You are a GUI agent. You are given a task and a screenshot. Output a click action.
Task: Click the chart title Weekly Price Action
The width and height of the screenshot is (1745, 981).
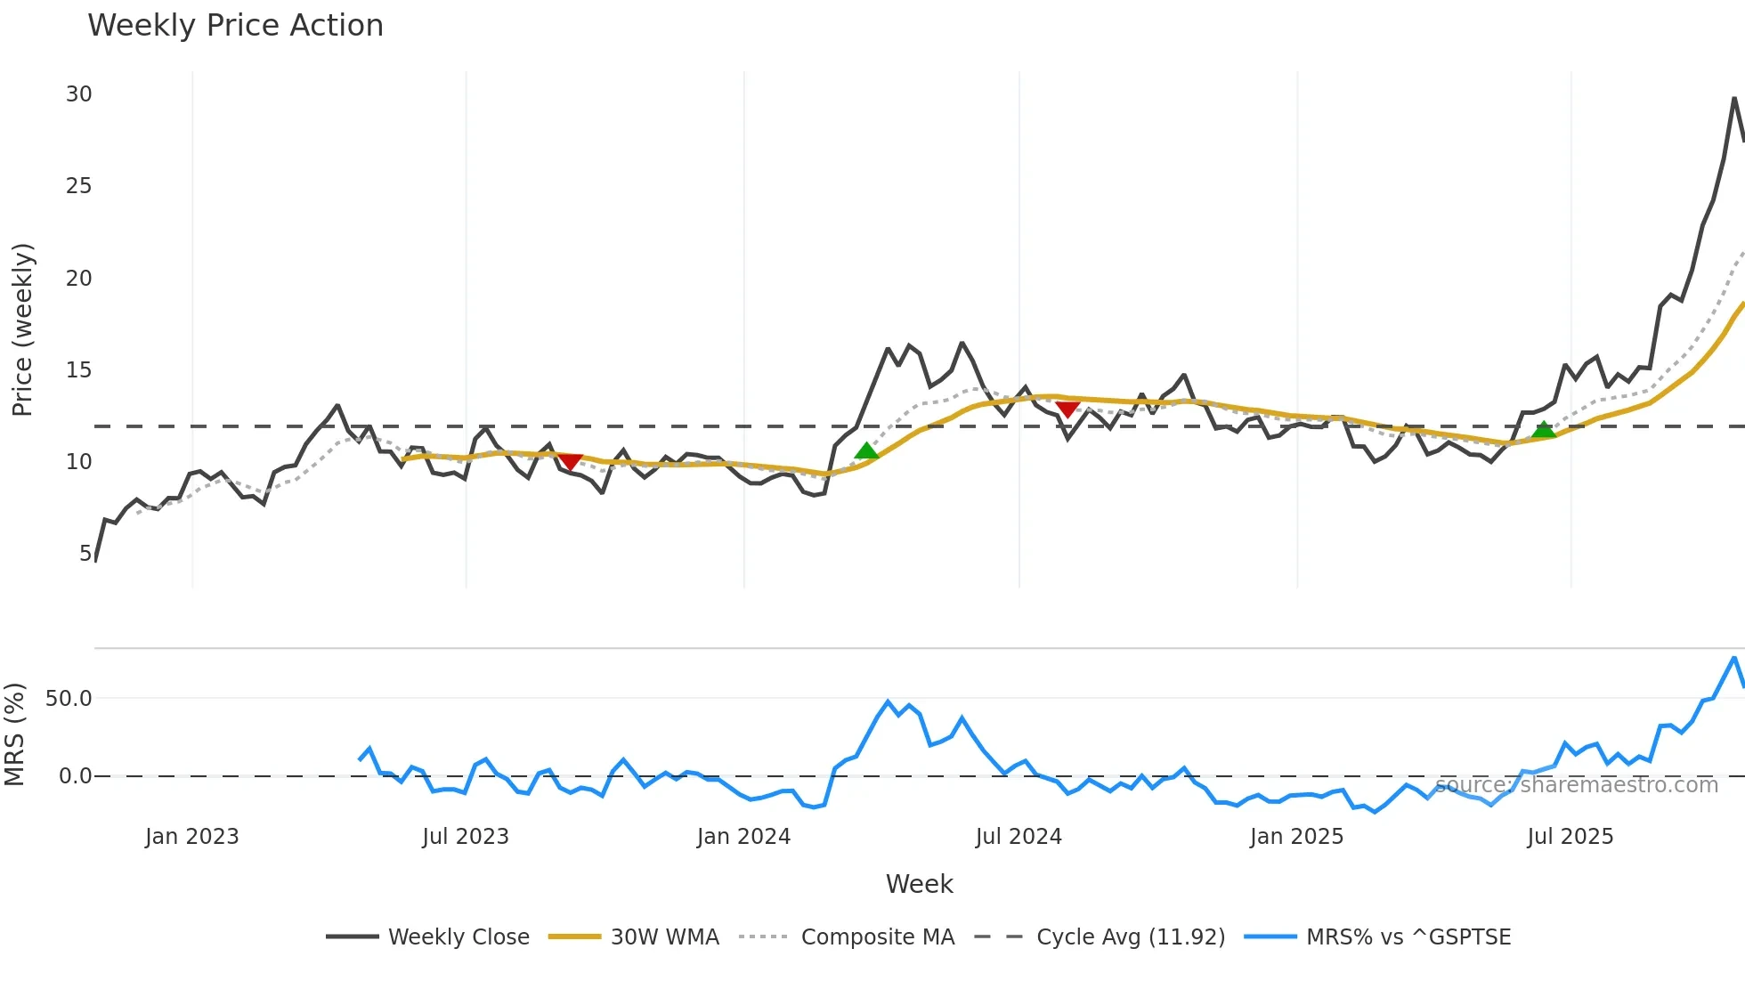point(235,26)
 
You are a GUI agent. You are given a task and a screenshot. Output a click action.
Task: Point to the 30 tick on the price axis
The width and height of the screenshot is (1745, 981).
point(78,94)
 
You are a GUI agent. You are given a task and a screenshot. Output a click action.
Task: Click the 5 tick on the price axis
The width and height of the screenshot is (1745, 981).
point(85,554)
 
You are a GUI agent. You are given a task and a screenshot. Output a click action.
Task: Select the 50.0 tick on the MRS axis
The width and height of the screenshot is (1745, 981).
point(69,699)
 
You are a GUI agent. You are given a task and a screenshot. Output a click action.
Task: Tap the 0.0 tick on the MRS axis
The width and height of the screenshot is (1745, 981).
point(75,776)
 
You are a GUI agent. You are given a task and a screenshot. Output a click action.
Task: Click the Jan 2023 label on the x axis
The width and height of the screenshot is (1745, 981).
point(192,837)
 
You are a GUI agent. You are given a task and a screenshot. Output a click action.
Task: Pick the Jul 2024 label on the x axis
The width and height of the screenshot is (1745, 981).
point(1019,837)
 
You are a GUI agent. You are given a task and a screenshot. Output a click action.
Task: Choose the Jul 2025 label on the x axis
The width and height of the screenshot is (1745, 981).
point(1570,837)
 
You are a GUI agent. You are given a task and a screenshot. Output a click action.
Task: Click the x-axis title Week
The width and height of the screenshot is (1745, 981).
point(919,884)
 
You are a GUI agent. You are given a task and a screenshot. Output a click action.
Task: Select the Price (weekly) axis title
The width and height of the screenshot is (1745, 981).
point(22,329)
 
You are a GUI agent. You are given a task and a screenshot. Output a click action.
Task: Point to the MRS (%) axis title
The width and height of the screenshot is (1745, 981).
point(14,734)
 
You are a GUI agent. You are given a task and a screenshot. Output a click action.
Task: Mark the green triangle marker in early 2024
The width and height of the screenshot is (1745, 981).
point(866,451)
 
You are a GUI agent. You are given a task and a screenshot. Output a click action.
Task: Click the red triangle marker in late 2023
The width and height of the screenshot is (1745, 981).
point(570,461)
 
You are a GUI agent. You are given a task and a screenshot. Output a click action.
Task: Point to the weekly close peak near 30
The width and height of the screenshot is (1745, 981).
point(1734,98)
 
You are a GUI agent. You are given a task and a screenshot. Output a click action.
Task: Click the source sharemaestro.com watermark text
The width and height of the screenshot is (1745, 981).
point(1577,785)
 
